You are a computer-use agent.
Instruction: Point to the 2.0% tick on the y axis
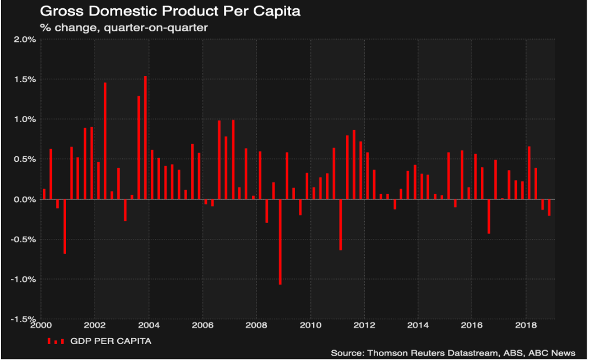pos(25,40)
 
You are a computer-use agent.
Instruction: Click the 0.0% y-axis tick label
pos(25,199)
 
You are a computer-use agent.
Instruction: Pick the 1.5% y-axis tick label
pos(25,79)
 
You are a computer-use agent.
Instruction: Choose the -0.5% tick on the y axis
pos(23,239)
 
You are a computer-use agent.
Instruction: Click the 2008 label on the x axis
pos(257,325)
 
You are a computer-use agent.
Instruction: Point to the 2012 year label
pos(365,325)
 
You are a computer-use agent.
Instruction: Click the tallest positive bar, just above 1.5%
pos(145,138)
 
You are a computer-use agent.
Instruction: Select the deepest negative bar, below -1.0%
pos(280,242)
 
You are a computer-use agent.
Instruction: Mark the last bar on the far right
pos(549,207)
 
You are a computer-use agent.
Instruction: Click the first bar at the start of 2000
pos(44,194)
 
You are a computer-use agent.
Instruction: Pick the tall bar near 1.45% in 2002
pos(105,141)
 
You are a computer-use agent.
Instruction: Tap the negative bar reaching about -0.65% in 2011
pos(341,225)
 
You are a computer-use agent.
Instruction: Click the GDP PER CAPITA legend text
pos(111,341)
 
